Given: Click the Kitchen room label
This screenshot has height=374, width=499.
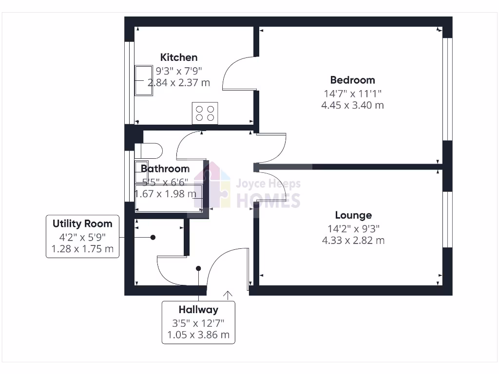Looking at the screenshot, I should [179, 57].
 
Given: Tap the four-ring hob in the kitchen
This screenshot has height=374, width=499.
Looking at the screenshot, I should [205, 112].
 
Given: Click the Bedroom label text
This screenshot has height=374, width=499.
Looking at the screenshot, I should [352, 80].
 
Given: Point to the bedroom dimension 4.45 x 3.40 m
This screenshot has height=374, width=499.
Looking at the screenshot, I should [352, 105].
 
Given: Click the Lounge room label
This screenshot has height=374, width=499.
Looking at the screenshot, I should [353, 215].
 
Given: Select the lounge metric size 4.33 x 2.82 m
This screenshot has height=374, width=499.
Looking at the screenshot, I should [353, 241].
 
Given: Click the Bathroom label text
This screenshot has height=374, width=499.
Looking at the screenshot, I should [165, 169].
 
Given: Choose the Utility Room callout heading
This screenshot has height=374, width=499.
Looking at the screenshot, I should [82, 224].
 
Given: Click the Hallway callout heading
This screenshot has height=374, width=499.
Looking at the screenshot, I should [198, 310].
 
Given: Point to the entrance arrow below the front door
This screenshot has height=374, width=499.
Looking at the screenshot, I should [228, 294].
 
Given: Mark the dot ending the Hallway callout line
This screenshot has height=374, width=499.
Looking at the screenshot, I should [198, 268].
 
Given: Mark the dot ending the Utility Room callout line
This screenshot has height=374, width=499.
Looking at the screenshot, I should [153, 237].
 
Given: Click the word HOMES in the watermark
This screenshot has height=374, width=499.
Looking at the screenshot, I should [268, 201].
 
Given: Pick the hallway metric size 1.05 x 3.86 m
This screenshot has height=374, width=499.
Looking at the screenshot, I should [198, 335].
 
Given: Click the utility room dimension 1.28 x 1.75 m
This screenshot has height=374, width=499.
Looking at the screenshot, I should [82, 250].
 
